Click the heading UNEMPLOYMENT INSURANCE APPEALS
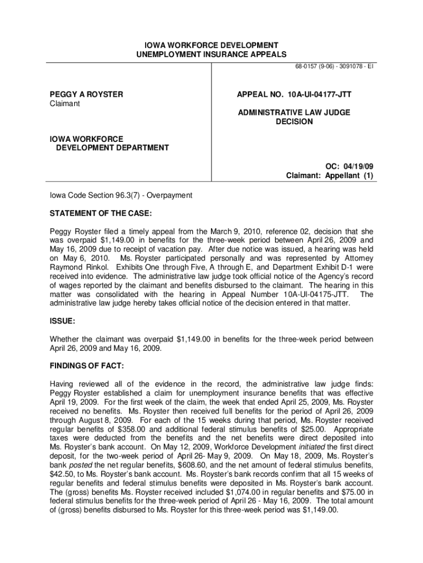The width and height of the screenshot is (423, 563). pyautogui.click(x=211, y=54)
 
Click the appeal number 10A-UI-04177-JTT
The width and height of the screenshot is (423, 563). pyautogui.click(x=316, y=95)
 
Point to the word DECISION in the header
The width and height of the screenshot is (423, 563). pyautogui.click(x=294, y=122)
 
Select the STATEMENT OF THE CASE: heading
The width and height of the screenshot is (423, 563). pyautogui.click(x=101, y=213)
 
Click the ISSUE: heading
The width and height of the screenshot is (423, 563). pyautogui.click(x=62, y=319)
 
